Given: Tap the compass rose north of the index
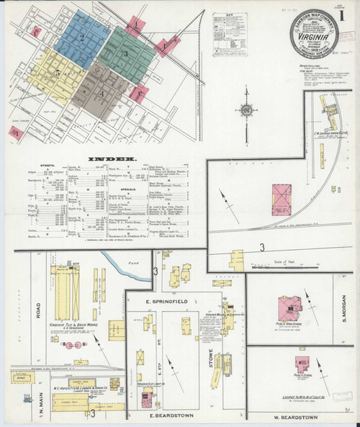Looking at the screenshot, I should pyautogui.click(x=246, y=112).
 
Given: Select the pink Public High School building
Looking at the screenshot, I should pyautogui.click(x=289, y=307).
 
